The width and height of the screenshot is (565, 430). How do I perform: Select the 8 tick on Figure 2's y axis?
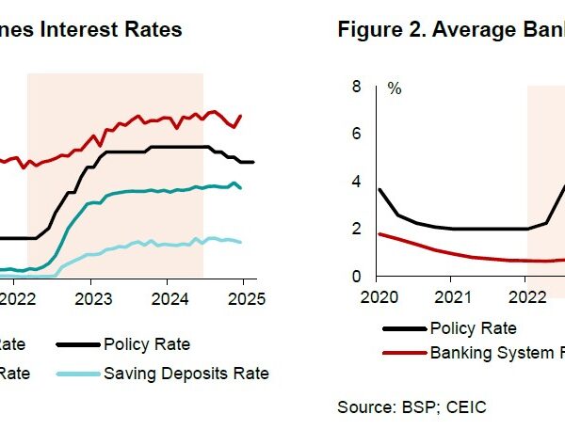pos(356,87)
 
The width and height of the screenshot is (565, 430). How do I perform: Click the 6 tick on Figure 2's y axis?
pos(356,134)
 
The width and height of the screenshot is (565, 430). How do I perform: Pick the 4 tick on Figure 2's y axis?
pos(356,182)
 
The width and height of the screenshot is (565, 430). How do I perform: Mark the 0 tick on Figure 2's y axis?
pos(356,277)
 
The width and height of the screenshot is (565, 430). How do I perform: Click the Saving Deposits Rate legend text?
pos(186,374)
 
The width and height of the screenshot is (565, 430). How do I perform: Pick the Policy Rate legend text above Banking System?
pos(473,328)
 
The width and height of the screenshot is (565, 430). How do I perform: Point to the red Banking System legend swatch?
pos(404,354)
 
